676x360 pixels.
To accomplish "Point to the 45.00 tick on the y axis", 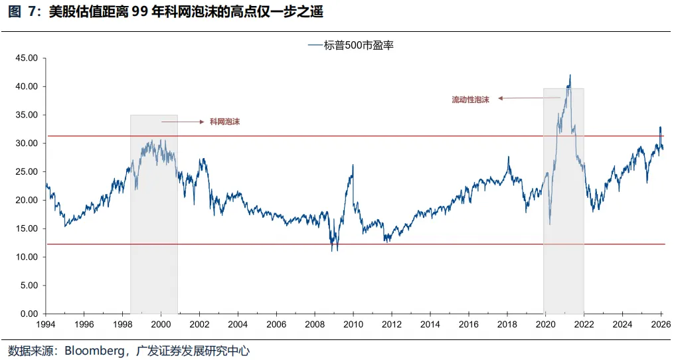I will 27,58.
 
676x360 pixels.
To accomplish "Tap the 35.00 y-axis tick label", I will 27,115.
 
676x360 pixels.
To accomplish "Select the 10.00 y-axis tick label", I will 27,257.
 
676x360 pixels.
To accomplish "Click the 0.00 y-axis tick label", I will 29,314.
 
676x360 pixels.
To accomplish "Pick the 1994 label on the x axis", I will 45,325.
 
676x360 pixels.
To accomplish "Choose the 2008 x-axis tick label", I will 314,325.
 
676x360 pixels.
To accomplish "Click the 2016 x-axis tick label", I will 468,325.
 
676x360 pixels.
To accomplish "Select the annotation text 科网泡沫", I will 224,122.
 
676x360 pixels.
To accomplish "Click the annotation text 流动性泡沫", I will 470,100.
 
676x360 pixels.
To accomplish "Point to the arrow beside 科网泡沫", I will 181,122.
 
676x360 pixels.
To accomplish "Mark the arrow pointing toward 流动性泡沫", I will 529,98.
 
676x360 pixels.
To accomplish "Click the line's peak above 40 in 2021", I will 570,75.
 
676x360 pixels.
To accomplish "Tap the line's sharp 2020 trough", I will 549,224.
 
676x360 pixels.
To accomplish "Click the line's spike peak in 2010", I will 353,165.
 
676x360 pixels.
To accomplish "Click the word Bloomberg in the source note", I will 92,351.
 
